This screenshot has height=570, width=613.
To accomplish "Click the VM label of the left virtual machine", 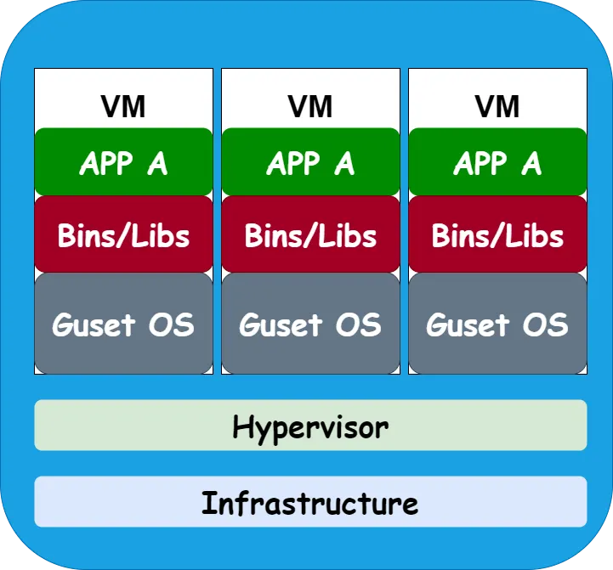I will coord(123,106).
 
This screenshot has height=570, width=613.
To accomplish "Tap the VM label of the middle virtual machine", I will coord(310,106).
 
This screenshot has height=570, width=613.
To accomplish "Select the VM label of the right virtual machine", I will coord(497,106).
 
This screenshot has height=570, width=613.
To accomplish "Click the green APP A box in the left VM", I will coord(123,162).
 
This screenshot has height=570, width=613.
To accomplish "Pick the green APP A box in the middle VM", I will coord(310,162).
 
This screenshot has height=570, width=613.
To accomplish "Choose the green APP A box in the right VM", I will coord(497,162).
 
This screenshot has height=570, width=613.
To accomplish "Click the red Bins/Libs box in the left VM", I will coord(123,235).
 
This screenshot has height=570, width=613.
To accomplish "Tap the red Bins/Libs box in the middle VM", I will coord(310,235).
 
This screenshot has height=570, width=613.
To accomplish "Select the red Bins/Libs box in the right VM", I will coord(497,235).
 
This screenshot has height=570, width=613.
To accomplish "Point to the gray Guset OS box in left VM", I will coord(123,324).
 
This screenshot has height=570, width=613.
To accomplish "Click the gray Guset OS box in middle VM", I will coord(310,324).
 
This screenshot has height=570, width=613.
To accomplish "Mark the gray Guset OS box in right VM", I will coord(497,324).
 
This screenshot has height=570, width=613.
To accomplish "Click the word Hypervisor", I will coord(310,426).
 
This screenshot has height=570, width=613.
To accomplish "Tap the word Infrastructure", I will coord(310,503).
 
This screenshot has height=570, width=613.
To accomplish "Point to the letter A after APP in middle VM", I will coord(343,162).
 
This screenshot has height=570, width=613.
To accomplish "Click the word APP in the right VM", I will coord(479,162).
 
